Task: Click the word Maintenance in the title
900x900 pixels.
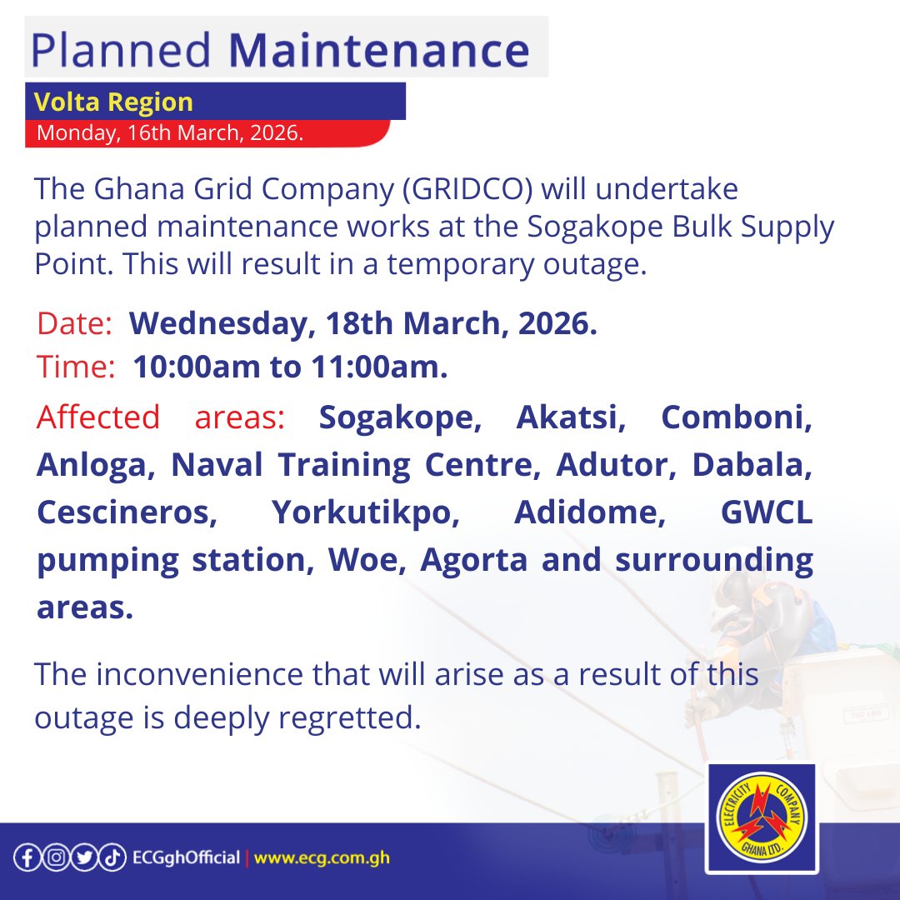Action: pos(378,50)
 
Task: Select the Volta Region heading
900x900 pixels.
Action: pos(113,102)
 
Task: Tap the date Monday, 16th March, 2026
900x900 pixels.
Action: pos(170,132)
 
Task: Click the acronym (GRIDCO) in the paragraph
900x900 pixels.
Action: pos(467,190)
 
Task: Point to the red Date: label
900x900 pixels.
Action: pos(74,324)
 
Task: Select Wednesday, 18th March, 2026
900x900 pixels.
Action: pos(363,324)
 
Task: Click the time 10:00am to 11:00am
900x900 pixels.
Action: pos(290,367)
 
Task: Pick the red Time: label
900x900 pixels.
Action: pos(76,367)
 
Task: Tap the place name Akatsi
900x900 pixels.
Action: pos(572,417)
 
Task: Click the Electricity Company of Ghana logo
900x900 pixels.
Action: pos(762,818)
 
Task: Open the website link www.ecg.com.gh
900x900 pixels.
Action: pos(322,857)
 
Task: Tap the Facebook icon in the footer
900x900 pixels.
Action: pos(27,857)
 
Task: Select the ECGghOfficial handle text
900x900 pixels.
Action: pos(186,857)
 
